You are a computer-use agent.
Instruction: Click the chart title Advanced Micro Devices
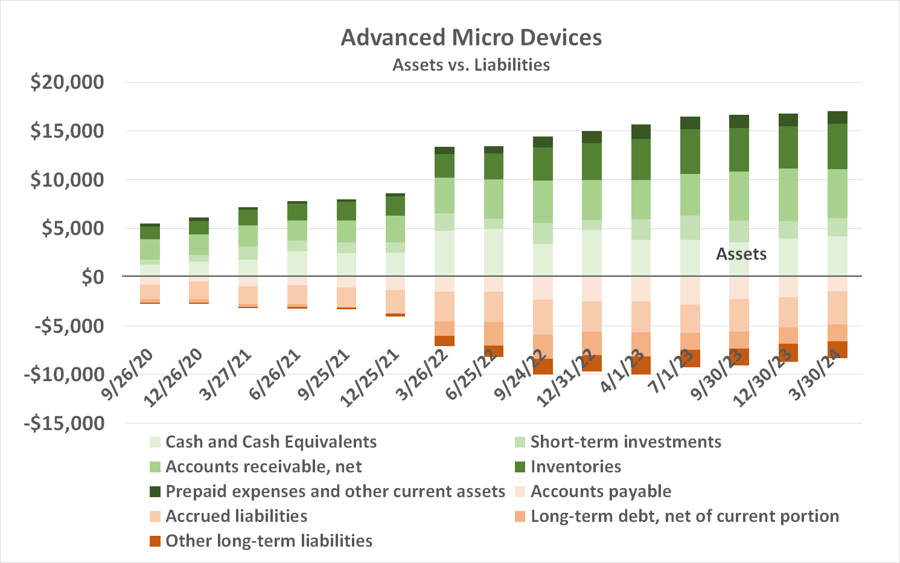click(x=471, y=37)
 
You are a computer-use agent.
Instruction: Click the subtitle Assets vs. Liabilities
click(x=471, y=65)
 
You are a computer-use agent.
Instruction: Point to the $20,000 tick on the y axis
click(x=67, y=82)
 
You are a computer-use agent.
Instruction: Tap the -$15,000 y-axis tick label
click(x=64, y=423)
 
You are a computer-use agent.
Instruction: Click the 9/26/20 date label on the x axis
click(x=128, y=374)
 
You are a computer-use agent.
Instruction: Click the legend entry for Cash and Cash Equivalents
click(x=270, y=442)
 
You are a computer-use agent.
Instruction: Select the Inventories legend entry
click(x=575, y=467)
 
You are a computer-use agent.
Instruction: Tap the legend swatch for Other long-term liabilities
click(x=155, y=541)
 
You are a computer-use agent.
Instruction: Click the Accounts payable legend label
click(x=601, y=492)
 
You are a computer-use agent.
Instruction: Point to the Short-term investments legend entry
click(x=625, y=442)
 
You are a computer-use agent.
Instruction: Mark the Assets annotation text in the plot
click(x=741, y=254)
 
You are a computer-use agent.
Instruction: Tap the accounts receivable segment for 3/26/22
click(x=444, y=195)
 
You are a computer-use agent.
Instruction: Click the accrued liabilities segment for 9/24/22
click(x=543, y=317)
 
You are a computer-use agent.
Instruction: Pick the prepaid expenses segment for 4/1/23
click(x=640, y=132)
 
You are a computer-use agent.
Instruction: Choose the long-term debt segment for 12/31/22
click(x=592, y=343)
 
